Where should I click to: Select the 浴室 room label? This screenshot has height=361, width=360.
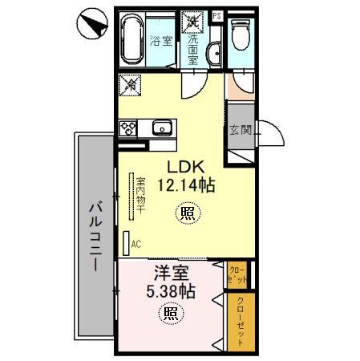(161, 41)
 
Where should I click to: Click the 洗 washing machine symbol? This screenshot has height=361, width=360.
(192, 21)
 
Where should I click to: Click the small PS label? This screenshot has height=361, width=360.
(217, 14)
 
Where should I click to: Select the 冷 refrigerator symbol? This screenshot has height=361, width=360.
(129, 83)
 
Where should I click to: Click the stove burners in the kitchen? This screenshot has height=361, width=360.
(129, 127)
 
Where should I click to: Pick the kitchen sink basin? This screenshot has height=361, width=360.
(161, 127)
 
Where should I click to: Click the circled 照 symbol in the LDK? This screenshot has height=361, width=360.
(186, 213)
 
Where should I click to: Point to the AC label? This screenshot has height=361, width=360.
(136, 241)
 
